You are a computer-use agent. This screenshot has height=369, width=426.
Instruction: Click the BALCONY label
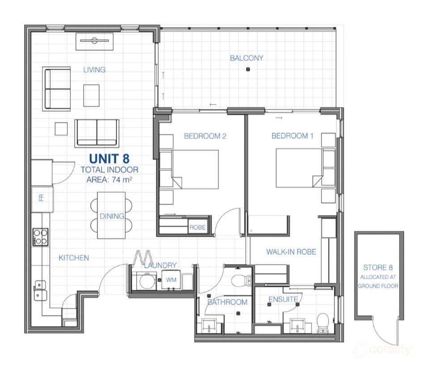(x=246, y=58)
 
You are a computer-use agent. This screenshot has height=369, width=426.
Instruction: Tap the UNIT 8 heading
(x=109, y=158)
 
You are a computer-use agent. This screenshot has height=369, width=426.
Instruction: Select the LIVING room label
(x=94, y=70)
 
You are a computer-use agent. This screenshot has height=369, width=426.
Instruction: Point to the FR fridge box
(x=42, y=199)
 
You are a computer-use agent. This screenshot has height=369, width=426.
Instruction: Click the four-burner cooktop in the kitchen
(x=41, y=237)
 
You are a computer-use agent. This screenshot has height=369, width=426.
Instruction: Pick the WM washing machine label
(x=171, y=280)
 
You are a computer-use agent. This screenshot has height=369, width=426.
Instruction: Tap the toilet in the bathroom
(x=242, y=281)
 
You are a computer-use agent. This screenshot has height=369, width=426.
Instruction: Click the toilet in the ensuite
(x=323, y=323)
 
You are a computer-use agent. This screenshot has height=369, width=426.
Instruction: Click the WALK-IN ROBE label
(x=291, y=252)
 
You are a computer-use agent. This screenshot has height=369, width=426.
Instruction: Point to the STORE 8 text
(x=378, y=268)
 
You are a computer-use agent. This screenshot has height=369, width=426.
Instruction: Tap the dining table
(x=111, y=215)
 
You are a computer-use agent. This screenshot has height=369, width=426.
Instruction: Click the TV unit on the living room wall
(x=94, y=41)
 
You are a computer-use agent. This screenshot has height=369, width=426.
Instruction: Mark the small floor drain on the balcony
(x=248, y=69)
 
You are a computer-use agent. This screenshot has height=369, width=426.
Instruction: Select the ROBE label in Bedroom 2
(x=197, y=227)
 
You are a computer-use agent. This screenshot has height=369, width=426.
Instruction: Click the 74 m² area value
(x=122, y=180)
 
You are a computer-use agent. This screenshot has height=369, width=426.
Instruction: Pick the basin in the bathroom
(x=209, y=325)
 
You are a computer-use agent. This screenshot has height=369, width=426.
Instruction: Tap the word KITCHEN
(x=74, y=258)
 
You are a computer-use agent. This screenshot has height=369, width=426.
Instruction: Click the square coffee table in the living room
(x=91, y=96)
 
